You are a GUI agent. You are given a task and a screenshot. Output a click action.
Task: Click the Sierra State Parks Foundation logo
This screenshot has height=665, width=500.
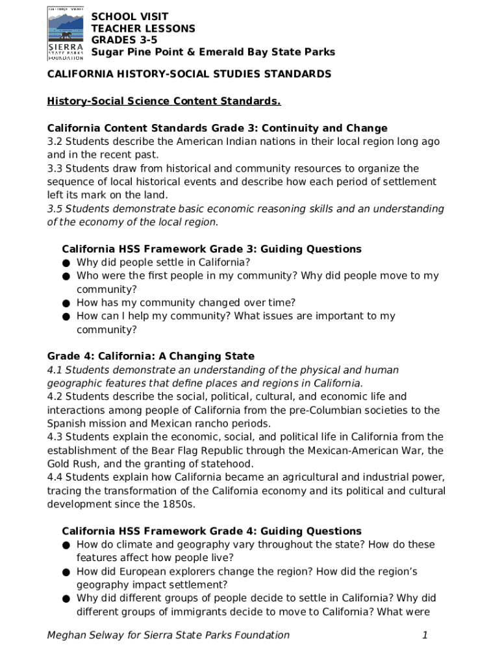66,33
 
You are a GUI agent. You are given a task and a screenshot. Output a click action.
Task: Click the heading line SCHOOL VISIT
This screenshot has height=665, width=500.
129,16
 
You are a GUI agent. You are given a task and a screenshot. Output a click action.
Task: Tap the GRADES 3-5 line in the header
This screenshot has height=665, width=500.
124,40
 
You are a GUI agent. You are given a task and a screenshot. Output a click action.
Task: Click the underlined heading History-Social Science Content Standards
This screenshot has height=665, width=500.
164,101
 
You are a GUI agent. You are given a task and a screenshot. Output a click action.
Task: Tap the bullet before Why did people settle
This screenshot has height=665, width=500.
66,263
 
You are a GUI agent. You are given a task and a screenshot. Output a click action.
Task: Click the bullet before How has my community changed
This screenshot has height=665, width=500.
66,303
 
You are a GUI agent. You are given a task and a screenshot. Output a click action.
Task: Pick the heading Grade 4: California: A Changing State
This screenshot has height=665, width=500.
151,356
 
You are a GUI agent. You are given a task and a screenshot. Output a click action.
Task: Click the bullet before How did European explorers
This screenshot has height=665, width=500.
66,572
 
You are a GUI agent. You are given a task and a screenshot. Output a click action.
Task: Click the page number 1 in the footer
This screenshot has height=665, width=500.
425,635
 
